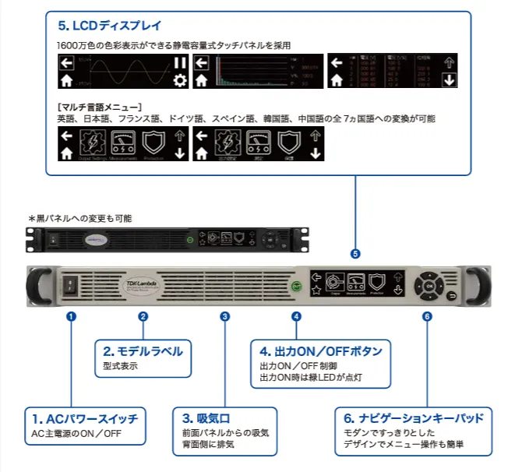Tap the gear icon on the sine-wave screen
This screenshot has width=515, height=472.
click(180, 81)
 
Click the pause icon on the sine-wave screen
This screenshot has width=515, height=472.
click(180, 63)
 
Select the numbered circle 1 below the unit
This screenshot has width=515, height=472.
click(71, 316)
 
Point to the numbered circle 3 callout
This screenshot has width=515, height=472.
click(225, 316)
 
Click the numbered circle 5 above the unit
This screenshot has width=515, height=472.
click(355, 254)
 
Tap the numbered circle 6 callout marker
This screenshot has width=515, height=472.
click(426, 316)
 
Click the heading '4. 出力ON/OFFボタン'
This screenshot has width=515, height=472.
click(320, 351)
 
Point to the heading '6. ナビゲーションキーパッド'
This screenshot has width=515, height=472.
click(414, 418)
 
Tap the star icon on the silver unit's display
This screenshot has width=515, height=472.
click(316, 291)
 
